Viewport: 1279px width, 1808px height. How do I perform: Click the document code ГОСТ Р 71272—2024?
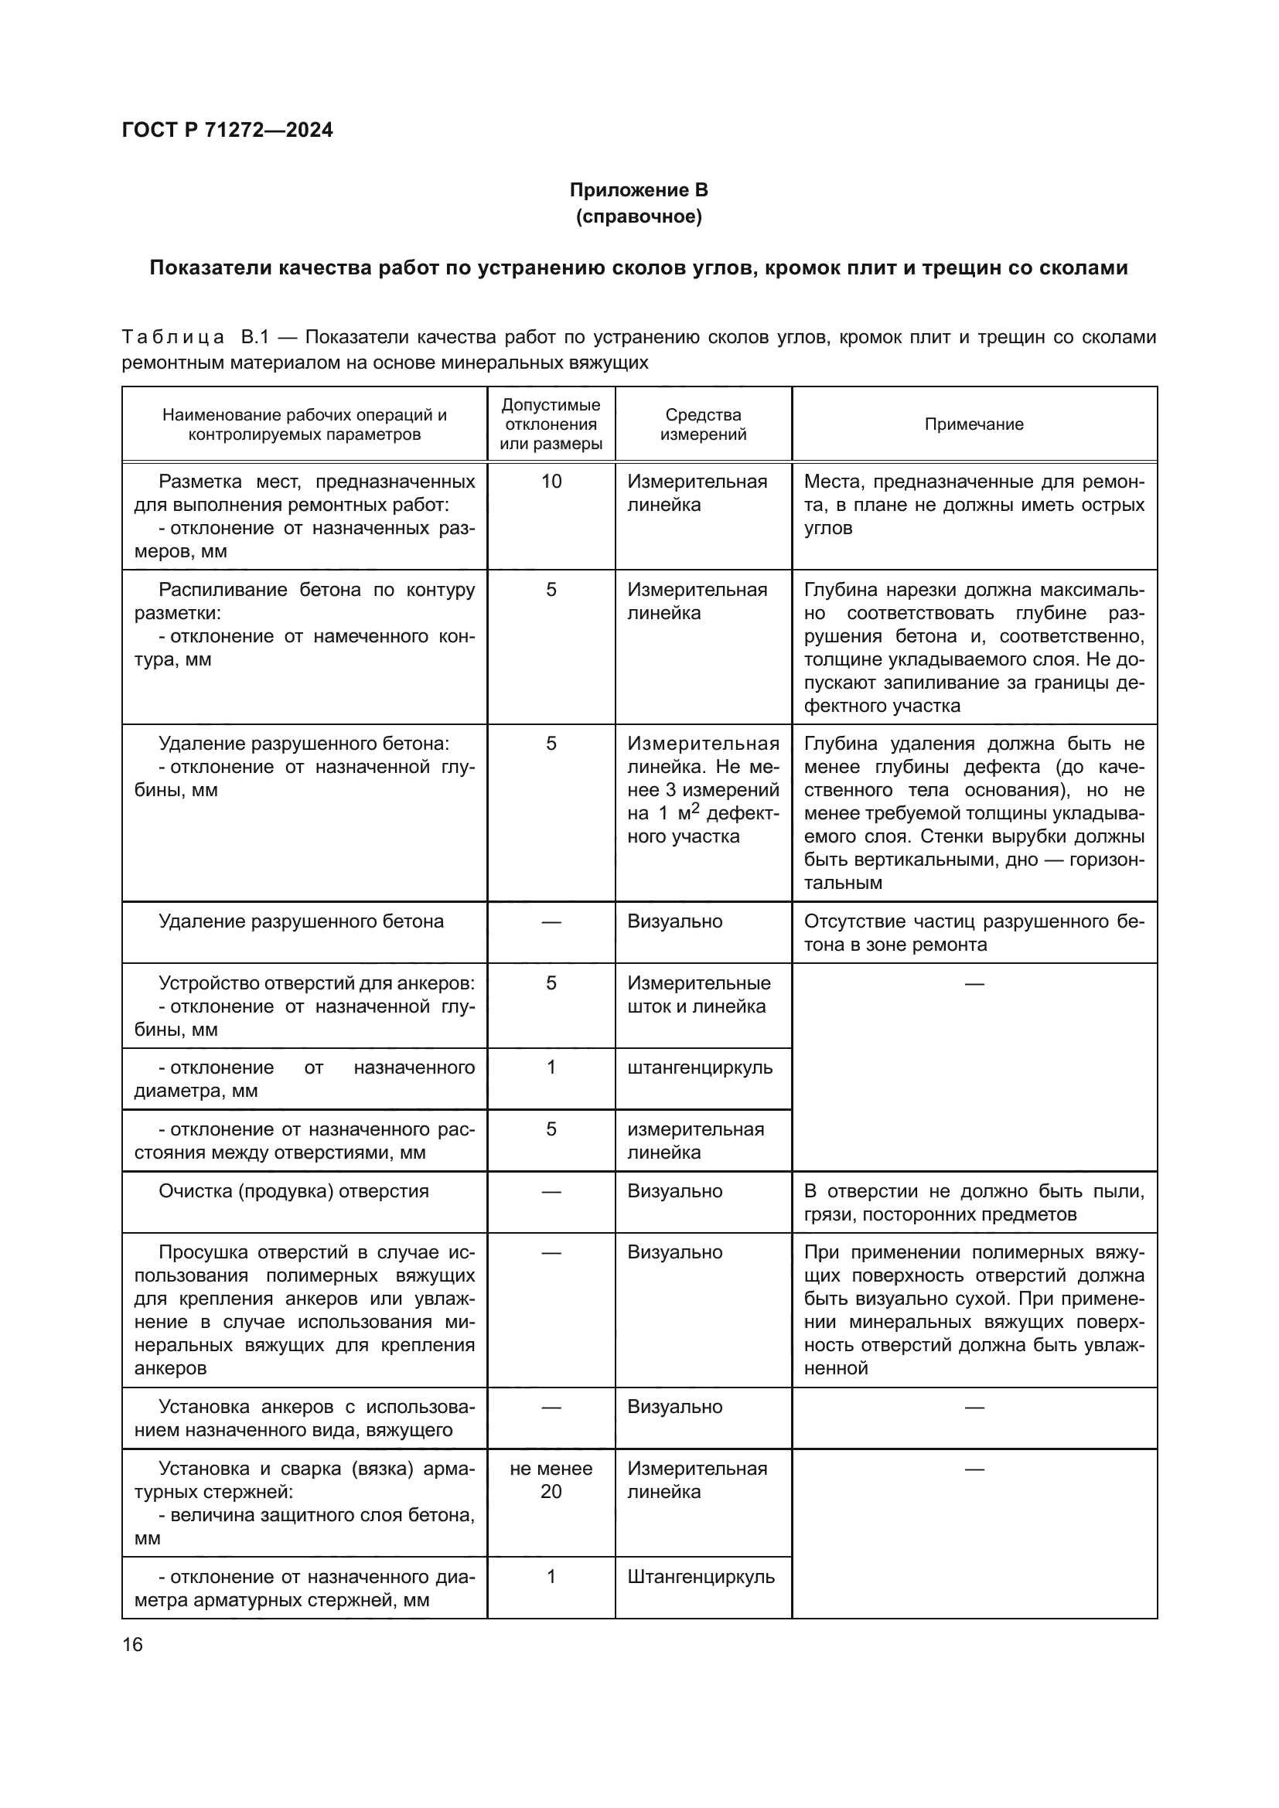pos(227,130)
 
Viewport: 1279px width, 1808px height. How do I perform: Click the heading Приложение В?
pos(639,190)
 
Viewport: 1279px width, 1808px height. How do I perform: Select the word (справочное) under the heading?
pos(639,216)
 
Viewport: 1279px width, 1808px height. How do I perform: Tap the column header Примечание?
pos(974,424)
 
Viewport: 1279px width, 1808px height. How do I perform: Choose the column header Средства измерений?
pos(703,424)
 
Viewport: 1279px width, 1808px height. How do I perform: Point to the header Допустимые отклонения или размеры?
pos(551,424)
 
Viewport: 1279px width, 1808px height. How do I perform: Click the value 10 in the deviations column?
pos(551,481)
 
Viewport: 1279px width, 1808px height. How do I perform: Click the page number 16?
pos(132,1644)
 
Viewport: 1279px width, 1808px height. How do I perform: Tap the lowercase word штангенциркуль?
pos(700,1067)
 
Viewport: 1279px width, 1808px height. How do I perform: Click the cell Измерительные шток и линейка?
pos(697,995)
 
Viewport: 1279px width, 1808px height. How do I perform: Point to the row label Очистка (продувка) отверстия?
pos(294,1190)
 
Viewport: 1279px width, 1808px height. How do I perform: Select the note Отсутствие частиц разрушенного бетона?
pos(974,932)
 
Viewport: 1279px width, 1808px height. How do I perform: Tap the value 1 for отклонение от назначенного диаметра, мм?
pos(551,1067)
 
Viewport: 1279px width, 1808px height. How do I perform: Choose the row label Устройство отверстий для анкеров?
pos(316,982)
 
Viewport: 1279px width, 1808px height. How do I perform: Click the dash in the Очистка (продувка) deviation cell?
pos(551,1191)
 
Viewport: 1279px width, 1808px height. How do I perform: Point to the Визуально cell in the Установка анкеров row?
pos(675,1406)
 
